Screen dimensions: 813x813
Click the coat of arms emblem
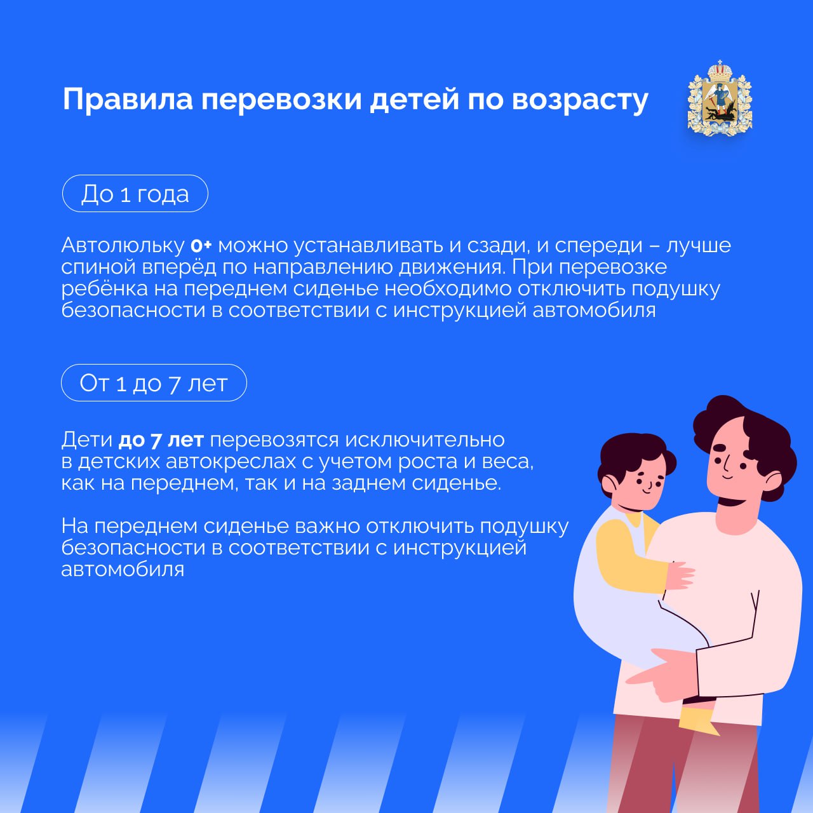pos(720,98)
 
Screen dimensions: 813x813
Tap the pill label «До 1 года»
pos(135,194)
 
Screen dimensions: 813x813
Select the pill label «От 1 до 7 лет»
pos(154,382)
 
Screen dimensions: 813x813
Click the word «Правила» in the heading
pos(128,100)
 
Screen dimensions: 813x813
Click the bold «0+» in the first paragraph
pos(201,246)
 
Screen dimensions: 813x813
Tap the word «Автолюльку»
pos(123,246)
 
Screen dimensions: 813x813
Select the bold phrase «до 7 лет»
pos(161,440)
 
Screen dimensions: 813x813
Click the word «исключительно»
pos(425,440)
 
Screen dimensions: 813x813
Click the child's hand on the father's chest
pos(679,575)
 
